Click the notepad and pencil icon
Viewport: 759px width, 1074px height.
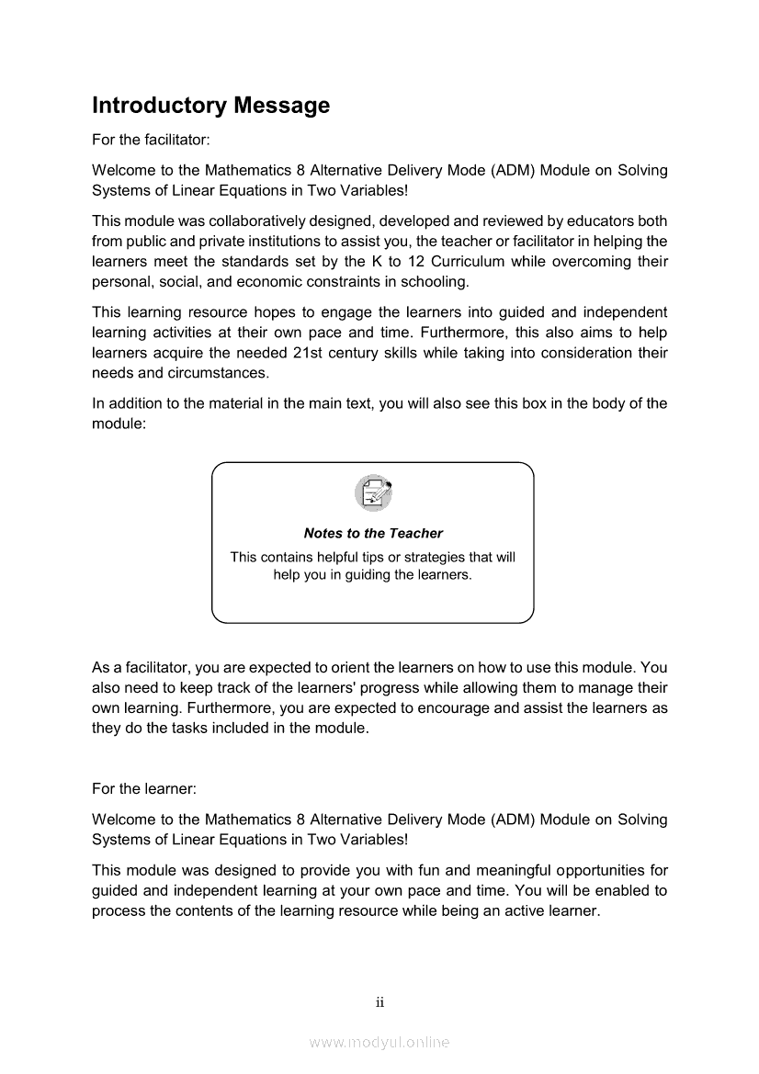pos(373,493)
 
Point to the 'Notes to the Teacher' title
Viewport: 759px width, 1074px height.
pos(373,533)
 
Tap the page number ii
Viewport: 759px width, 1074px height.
pos(379,1002)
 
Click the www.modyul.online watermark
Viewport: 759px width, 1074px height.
pos(379,1043)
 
